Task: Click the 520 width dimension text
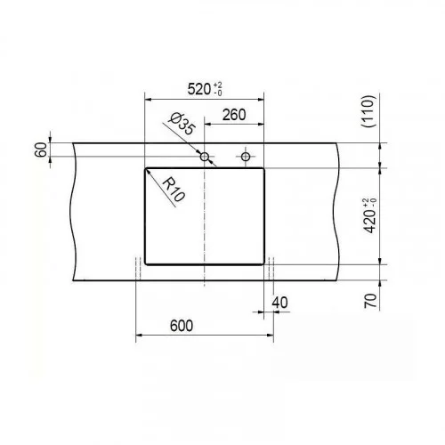(198, 89)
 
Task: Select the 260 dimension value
(234, 115)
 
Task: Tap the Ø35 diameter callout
(182, 124)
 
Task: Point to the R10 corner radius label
(174, 189)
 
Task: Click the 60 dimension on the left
(41, 150)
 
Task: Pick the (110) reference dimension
(368, 111)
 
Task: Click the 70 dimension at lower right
(370, 300)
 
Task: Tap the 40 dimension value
(279, 303)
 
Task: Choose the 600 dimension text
(182, 326)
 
